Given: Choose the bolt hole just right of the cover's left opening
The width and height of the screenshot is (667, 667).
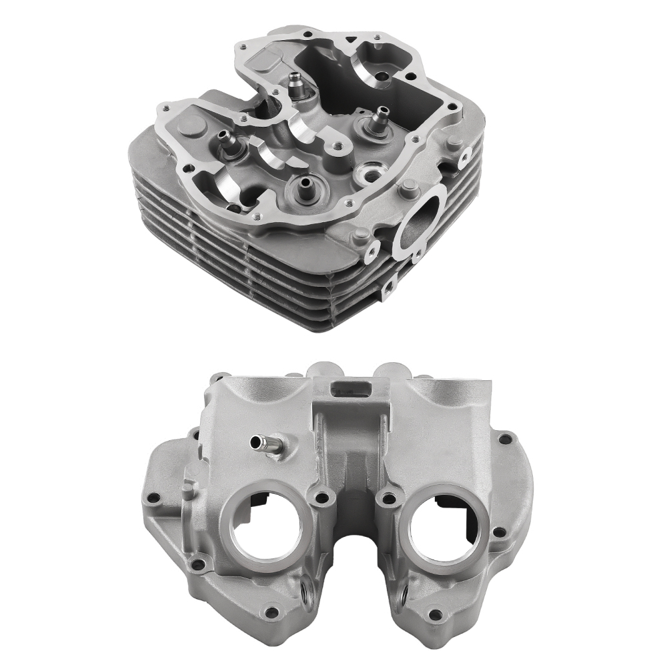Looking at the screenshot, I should [323, 497].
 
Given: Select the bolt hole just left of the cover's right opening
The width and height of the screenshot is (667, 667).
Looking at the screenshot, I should [384, 497].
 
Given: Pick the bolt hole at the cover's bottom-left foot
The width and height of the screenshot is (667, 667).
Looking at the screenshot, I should [272, 612].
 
